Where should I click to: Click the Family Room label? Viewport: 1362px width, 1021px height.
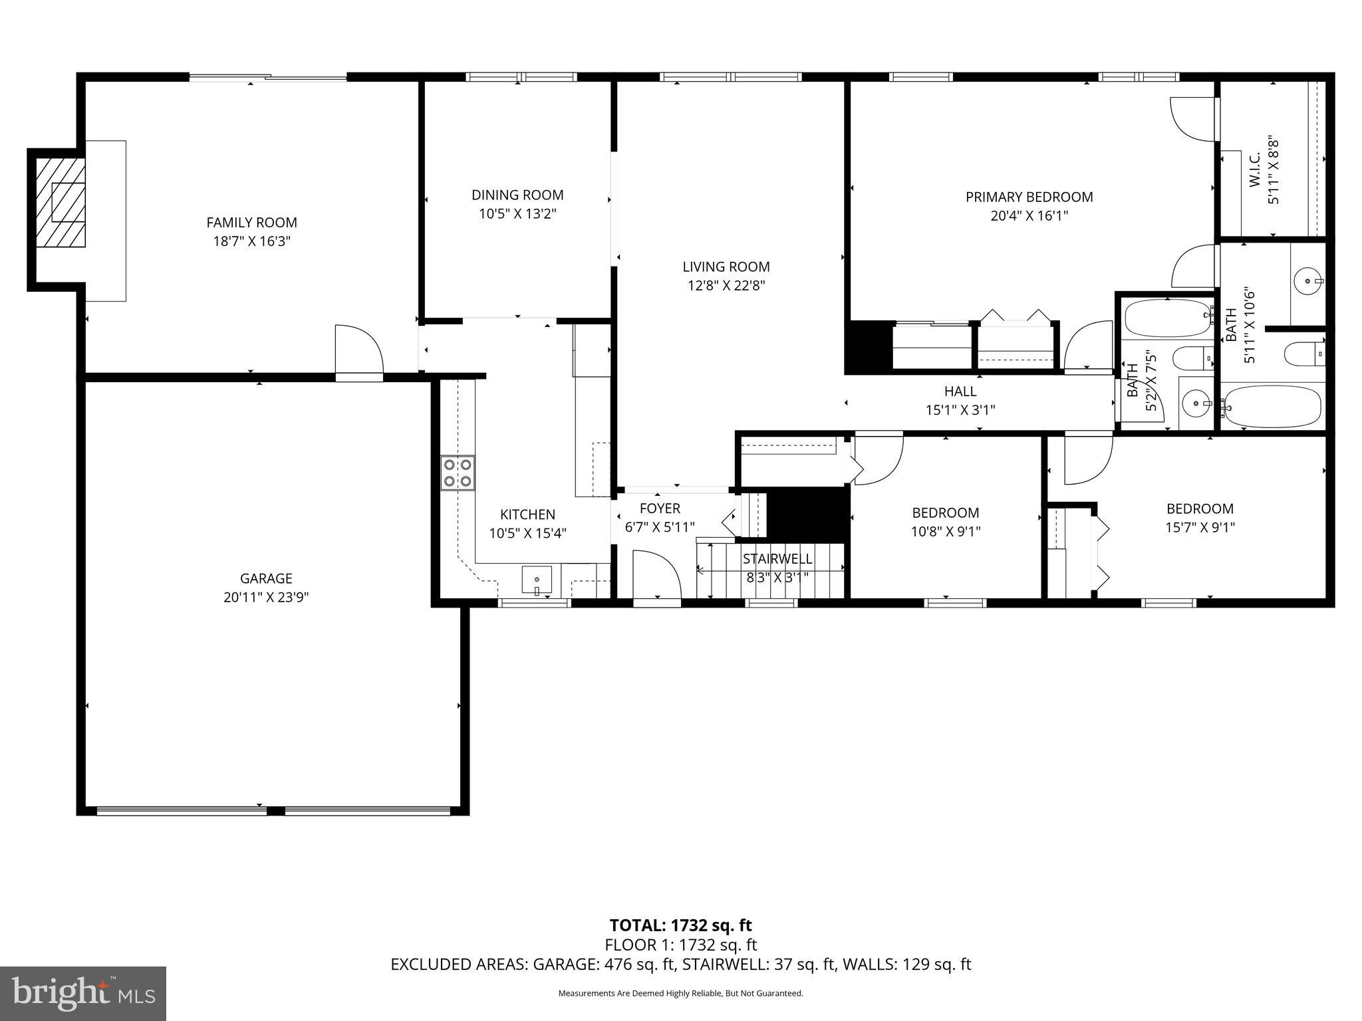point(251,223)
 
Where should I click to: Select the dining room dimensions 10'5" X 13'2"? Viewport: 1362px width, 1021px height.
point(517,214)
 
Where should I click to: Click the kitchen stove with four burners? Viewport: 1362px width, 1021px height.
point(458,473)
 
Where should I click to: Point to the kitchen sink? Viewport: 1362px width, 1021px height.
point(537,580)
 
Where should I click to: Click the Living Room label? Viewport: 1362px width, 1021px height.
point(726,267)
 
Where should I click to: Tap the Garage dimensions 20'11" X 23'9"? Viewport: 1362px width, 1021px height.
point(266,598)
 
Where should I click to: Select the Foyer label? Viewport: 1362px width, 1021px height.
point(660,509)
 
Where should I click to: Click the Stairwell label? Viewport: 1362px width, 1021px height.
point(777,559)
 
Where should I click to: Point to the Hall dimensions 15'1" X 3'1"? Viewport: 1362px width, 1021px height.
point(960,410)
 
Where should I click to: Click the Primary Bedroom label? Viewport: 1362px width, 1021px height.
point(1029,197)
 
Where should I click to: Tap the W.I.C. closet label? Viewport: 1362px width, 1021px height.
point(1255,170)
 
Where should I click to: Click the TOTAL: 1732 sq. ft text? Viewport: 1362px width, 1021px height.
point(680,925)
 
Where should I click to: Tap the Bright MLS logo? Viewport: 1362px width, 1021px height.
point(83,993)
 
